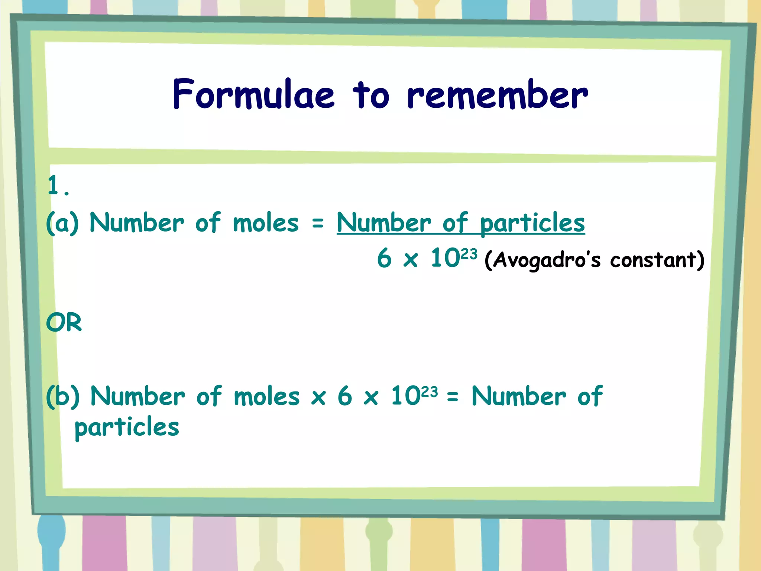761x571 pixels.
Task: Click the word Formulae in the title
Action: pyautogui.click(x=253, y=94)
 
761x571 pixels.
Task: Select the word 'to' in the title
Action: pyautogui.click(x=371, y=95)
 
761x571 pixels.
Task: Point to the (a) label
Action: pyautogui.click(x=62, y=223)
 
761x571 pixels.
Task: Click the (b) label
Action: pyautogui.click(x=62, y=396)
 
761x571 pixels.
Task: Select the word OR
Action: pyautogui.click(x=64, y=322)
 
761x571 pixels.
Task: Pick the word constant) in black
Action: pyautogui.click(x=657, y=259)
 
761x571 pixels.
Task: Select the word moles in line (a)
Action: pyautogui.click(x=266, y=223)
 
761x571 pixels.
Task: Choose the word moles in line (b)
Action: pyautogui.click(x=266, y=396)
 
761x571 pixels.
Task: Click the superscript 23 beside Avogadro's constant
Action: pyautogui.click(x=469, y=254)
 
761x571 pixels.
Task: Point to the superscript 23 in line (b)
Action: pyautogui.click(x=430, y=391)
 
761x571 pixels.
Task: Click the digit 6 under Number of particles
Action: pyautogui.click(x=384, y=258)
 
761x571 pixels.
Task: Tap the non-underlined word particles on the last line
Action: pyautogui.click(x=127, y=428)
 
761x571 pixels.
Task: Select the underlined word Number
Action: pyautogui.click(x=383, y=223)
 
